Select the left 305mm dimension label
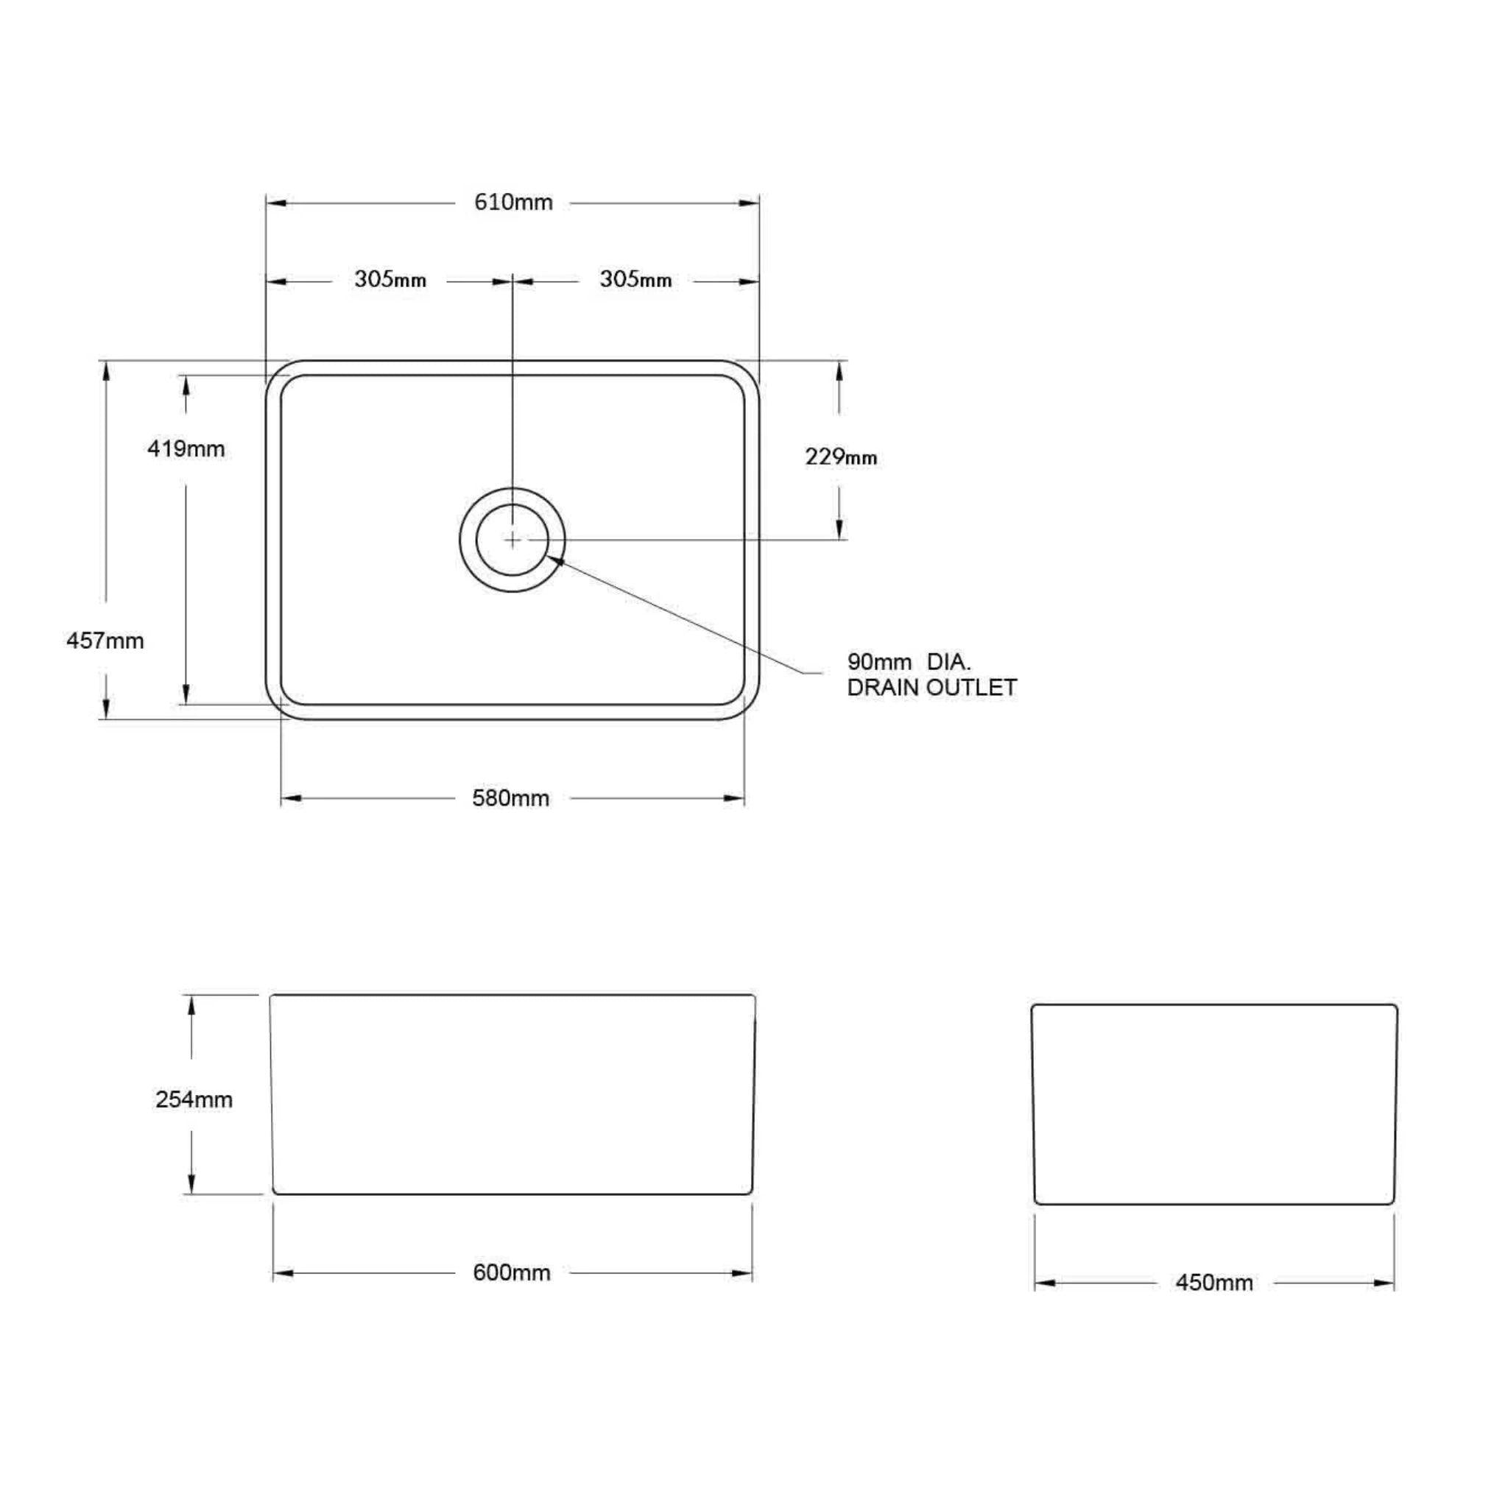[390, 279]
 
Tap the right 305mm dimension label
[635, 279]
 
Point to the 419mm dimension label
[186, 449]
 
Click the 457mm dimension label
[105, 641]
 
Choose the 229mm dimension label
[841, 457]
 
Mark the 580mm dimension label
[510, 798]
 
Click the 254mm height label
[194, 1100]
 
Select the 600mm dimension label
[511, 1273]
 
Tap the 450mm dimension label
[1213, 1283]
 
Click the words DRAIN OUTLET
[932, 688]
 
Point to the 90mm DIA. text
[909, 662]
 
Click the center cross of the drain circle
[512, 539]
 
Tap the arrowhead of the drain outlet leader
[555, 557]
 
